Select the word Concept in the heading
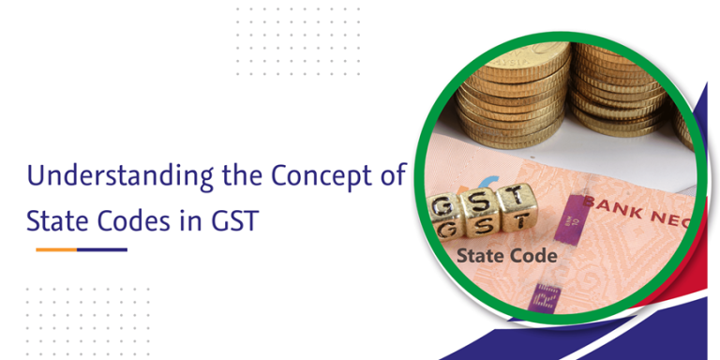(316, 175)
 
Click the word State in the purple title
(58, 219)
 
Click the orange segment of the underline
(55, 249)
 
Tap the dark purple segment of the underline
(101, 249)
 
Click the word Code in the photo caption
(534, 255)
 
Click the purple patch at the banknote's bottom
(542, 296)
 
